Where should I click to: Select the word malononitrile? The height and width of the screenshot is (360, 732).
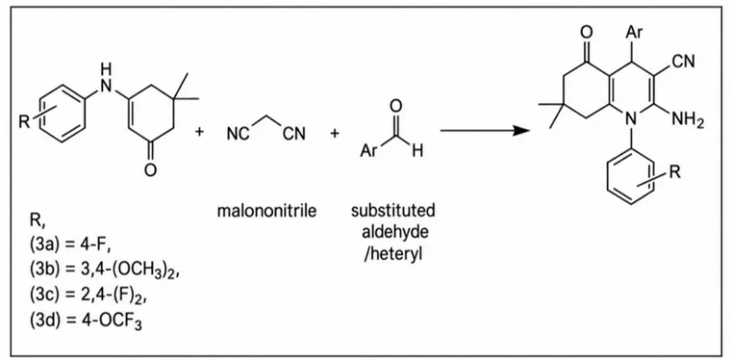tap(266, 211)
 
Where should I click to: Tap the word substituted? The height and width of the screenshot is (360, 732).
tap(393, 211)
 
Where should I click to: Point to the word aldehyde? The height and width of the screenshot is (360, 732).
tap(393, 232)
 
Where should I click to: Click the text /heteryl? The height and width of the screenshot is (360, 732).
tap(393, 255)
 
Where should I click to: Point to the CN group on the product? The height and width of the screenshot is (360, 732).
tap(683, 61)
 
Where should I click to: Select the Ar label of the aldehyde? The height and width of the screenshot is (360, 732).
tap(368, 151)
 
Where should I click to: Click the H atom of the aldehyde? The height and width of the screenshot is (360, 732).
tap(418, 151)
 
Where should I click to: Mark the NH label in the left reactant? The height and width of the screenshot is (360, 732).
tap(107, 78)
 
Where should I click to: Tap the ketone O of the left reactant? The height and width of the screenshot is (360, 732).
tap(149, 171)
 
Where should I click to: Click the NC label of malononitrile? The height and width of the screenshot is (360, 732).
tap(238, 135)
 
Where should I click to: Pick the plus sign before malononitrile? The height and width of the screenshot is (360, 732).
tap(200, 132)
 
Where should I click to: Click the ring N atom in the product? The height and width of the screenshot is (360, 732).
tap(631, 120)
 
